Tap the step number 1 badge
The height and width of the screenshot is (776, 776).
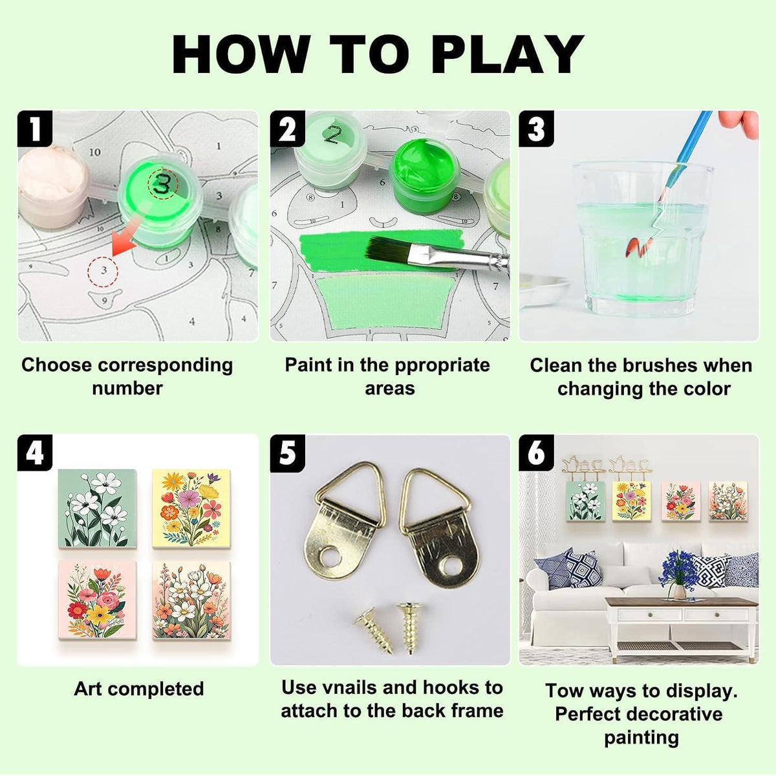[x=35, y=128]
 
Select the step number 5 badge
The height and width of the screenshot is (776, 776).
[x=288, y=453]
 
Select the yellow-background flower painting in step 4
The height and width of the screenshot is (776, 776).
[x=191, y=508]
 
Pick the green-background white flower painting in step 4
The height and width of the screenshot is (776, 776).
[x=98, y=508]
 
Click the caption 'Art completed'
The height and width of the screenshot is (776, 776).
[x=139, y=689]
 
